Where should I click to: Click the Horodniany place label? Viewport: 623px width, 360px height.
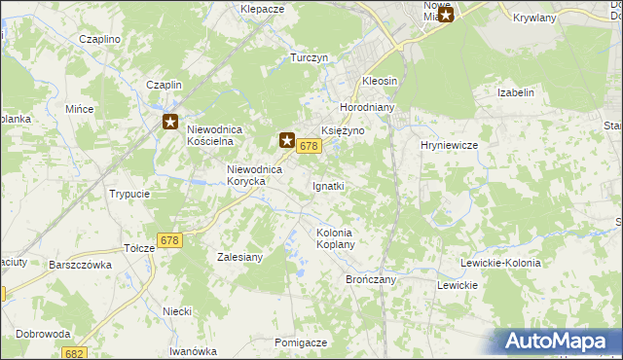coord(365,107)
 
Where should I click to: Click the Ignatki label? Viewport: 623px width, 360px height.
coord(328,185)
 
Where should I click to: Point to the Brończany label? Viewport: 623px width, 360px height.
coord(370,278)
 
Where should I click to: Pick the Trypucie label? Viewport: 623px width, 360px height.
coord(129,194)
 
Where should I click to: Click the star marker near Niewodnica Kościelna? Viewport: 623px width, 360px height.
coord(170,122)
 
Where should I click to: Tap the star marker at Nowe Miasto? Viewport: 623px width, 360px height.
coord(446,14)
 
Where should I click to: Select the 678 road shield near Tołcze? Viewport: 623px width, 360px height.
coord(169,240)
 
